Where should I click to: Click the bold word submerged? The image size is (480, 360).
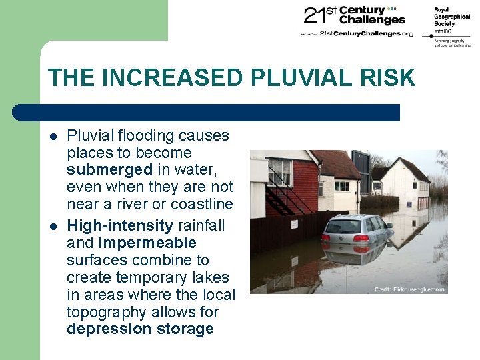(109, 170)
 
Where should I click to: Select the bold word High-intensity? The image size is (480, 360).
(120, 225)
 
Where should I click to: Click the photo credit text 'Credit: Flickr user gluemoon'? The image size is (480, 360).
(409, 289)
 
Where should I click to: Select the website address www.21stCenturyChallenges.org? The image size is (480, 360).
(357, 33)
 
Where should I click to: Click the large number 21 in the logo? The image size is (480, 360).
(315, 15)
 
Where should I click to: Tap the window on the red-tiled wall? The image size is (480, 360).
(279, 172)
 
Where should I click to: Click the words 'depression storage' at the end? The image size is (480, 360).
(140, 329)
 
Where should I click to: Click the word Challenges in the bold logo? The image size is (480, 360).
(371, 20)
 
